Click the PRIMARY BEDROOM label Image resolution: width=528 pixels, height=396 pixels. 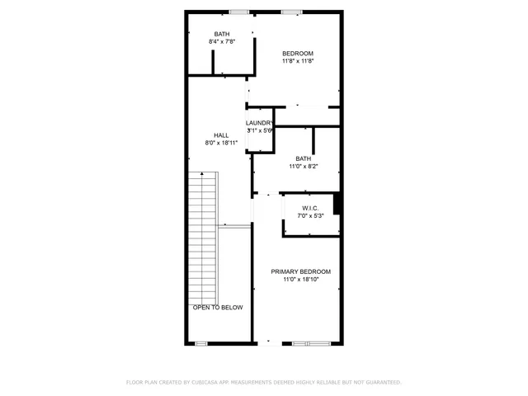(x=301, y=271)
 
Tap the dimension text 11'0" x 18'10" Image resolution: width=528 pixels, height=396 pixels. (x=301, y=280)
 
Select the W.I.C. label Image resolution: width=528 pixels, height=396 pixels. (x=310, y=208)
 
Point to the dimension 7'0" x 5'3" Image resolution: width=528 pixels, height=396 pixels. (x=310, y=216)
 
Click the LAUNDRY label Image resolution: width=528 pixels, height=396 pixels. (x=259, y=123)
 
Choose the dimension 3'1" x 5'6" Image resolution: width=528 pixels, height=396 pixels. (x=259, y=130)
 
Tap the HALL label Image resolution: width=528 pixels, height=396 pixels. (x=221, y=135)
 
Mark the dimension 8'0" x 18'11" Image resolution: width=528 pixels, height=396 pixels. (x=221, y=143)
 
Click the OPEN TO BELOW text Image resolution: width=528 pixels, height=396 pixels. (x=218, y=308)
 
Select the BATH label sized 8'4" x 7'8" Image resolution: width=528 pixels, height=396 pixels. (x=222, y=34)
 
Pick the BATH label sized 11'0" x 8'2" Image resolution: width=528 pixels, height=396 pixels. (x=304, y=158)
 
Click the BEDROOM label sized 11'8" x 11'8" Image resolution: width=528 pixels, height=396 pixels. (x=298, y=53)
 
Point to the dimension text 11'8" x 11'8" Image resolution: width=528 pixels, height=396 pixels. (x=298, y=61)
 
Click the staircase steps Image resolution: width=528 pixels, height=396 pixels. (x=201, y=239)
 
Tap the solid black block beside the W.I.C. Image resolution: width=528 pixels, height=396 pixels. (x=337, y=204)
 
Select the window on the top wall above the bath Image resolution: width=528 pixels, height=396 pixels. (x=239, y=12)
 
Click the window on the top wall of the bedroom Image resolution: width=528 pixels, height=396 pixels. (x=291, y=12)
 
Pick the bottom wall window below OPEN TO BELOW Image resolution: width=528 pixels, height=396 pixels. (x=200, y=343)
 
